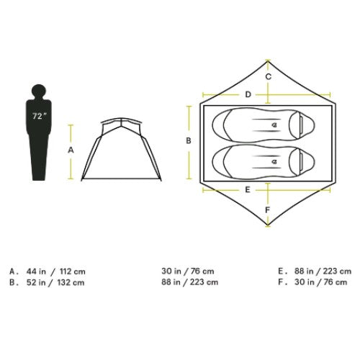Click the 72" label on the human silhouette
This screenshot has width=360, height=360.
coord(39,116)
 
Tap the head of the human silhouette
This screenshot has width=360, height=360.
coord(38,91)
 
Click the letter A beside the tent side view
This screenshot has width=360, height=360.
coord(71,150)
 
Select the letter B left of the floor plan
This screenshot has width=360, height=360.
coord(189,141)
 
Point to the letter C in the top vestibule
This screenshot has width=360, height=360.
coord(269,77)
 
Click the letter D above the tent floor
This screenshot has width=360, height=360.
coord(248,94)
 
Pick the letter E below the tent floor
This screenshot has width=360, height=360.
coord(248,190)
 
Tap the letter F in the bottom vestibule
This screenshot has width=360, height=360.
coord(268,210)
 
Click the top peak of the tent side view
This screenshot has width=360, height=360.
coord(122,118)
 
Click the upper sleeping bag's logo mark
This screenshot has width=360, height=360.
coord(274,125)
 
